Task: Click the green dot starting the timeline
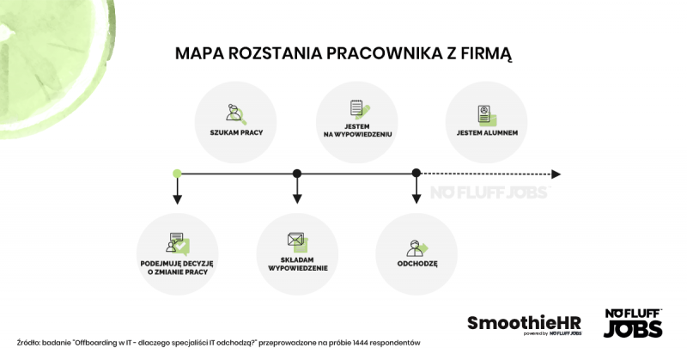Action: click(x=177, y=174)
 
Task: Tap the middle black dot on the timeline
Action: click(x=297, y=174)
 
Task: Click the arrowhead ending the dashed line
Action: click(x=556, y=174)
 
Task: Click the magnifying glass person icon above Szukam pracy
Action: click(x=236, y=114)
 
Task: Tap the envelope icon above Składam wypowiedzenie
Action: click(x=298, y=242)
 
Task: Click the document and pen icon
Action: click(x=360, y=110)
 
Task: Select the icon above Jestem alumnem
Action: click(x=487, y=116)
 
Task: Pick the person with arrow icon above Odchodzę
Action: click(x=417, y=248)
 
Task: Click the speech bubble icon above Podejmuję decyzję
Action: click(x=178, y=244)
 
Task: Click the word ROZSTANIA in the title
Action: click(x=275, y=53)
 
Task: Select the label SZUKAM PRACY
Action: click(x=236, y=132)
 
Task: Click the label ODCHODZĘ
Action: click(x=417, y=264)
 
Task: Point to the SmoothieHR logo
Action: click(x=525, y=325)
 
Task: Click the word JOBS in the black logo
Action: click(x=633, y=329)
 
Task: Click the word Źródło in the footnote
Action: click(x=28, y=343)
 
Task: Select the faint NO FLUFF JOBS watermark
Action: click(x=489, y=192)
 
